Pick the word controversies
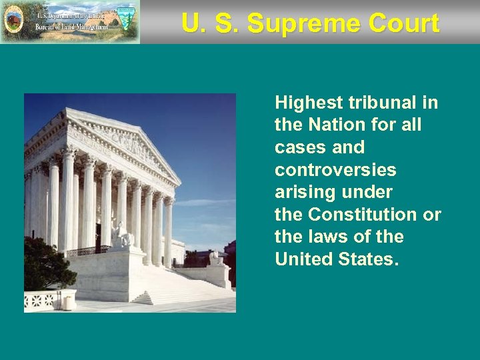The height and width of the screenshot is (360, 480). pyautogui.click(x=335, y=170)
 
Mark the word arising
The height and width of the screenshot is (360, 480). pyautogui.click(x=303, y=193)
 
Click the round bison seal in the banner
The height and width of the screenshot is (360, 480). pyautogui.click(x=13, y=21)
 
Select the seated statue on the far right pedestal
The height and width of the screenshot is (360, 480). pyautogui.click(x=215, y=256)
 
